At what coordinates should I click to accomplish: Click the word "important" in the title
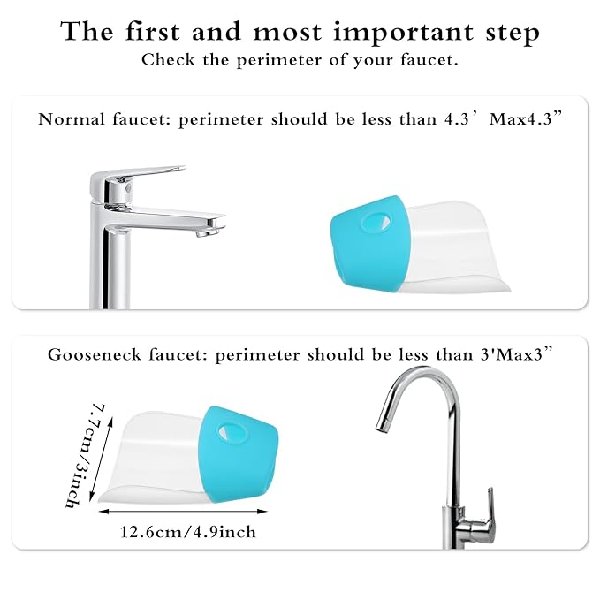(x=382, y=33)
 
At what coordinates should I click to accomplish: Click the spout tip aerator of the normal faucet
(x=206, y=232)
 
